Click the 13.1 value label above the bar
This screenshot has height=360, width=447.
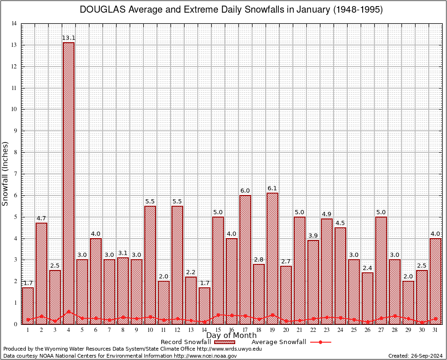pyautogui.click(x=68, y=38)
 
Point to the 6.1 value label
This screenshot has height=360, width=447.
pyautogui.click(x=272, y=188)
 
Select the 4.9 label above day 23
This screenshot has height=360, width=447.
pyautogui.click(x=327, y=214)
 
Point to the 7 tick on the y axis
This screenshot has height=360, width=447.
pyautogui.click(x=15, y=174)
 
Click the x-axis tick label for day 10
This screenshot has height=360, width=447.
pyautogui.click(x=150, y=330)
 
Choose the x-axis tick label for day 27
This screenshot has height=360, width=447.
pyautogui.click(x=381, y=330)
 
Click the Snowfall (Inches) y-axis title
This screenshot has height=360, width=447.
pyautogui.click(x=6, y=173)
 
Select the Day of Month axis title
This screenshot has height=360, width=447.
pyautogui.click(x=231, y=336)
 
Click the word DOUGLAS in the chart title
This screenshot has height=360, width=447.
pyautogui.click(x=103, y=10)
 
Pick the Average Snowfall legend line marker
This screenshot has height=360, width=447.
pyautogui.click(x=320, y=342)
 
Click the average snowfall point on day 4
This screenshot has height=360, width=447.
pyautogui.click(x=68, y=311)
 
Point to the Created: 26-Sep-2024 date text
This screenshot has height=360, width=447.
pyautogui.click(x=416, y=356)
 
